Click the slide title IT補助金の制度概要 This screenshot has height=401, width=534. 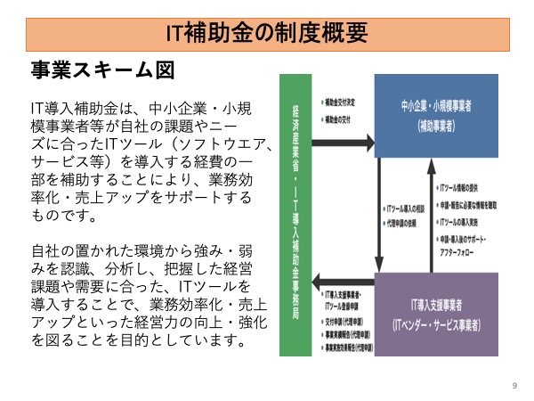[267, 33]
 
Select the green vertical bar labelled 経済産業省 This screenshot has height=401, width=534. [295, 214]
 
